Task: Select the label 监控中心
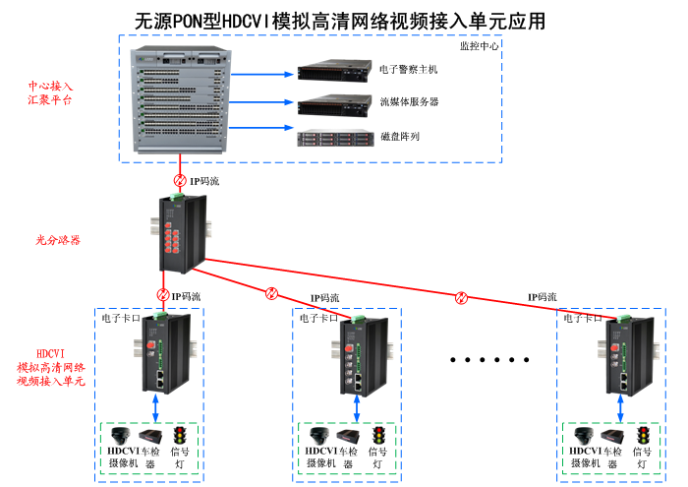pos(479,45)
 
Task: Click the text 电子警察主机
pos(408,70)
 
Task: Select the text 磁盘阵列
pos(399,137)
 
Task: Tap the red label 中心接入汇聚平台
pos(48,93)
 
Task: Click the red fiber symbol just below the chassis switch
pos(179,181)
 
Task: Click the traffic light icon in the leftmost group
pos(179,436)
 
